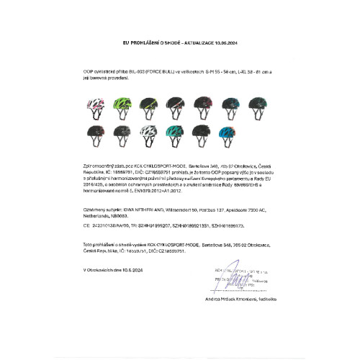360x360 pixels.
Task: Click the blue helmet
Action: (x=227, y=133)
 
